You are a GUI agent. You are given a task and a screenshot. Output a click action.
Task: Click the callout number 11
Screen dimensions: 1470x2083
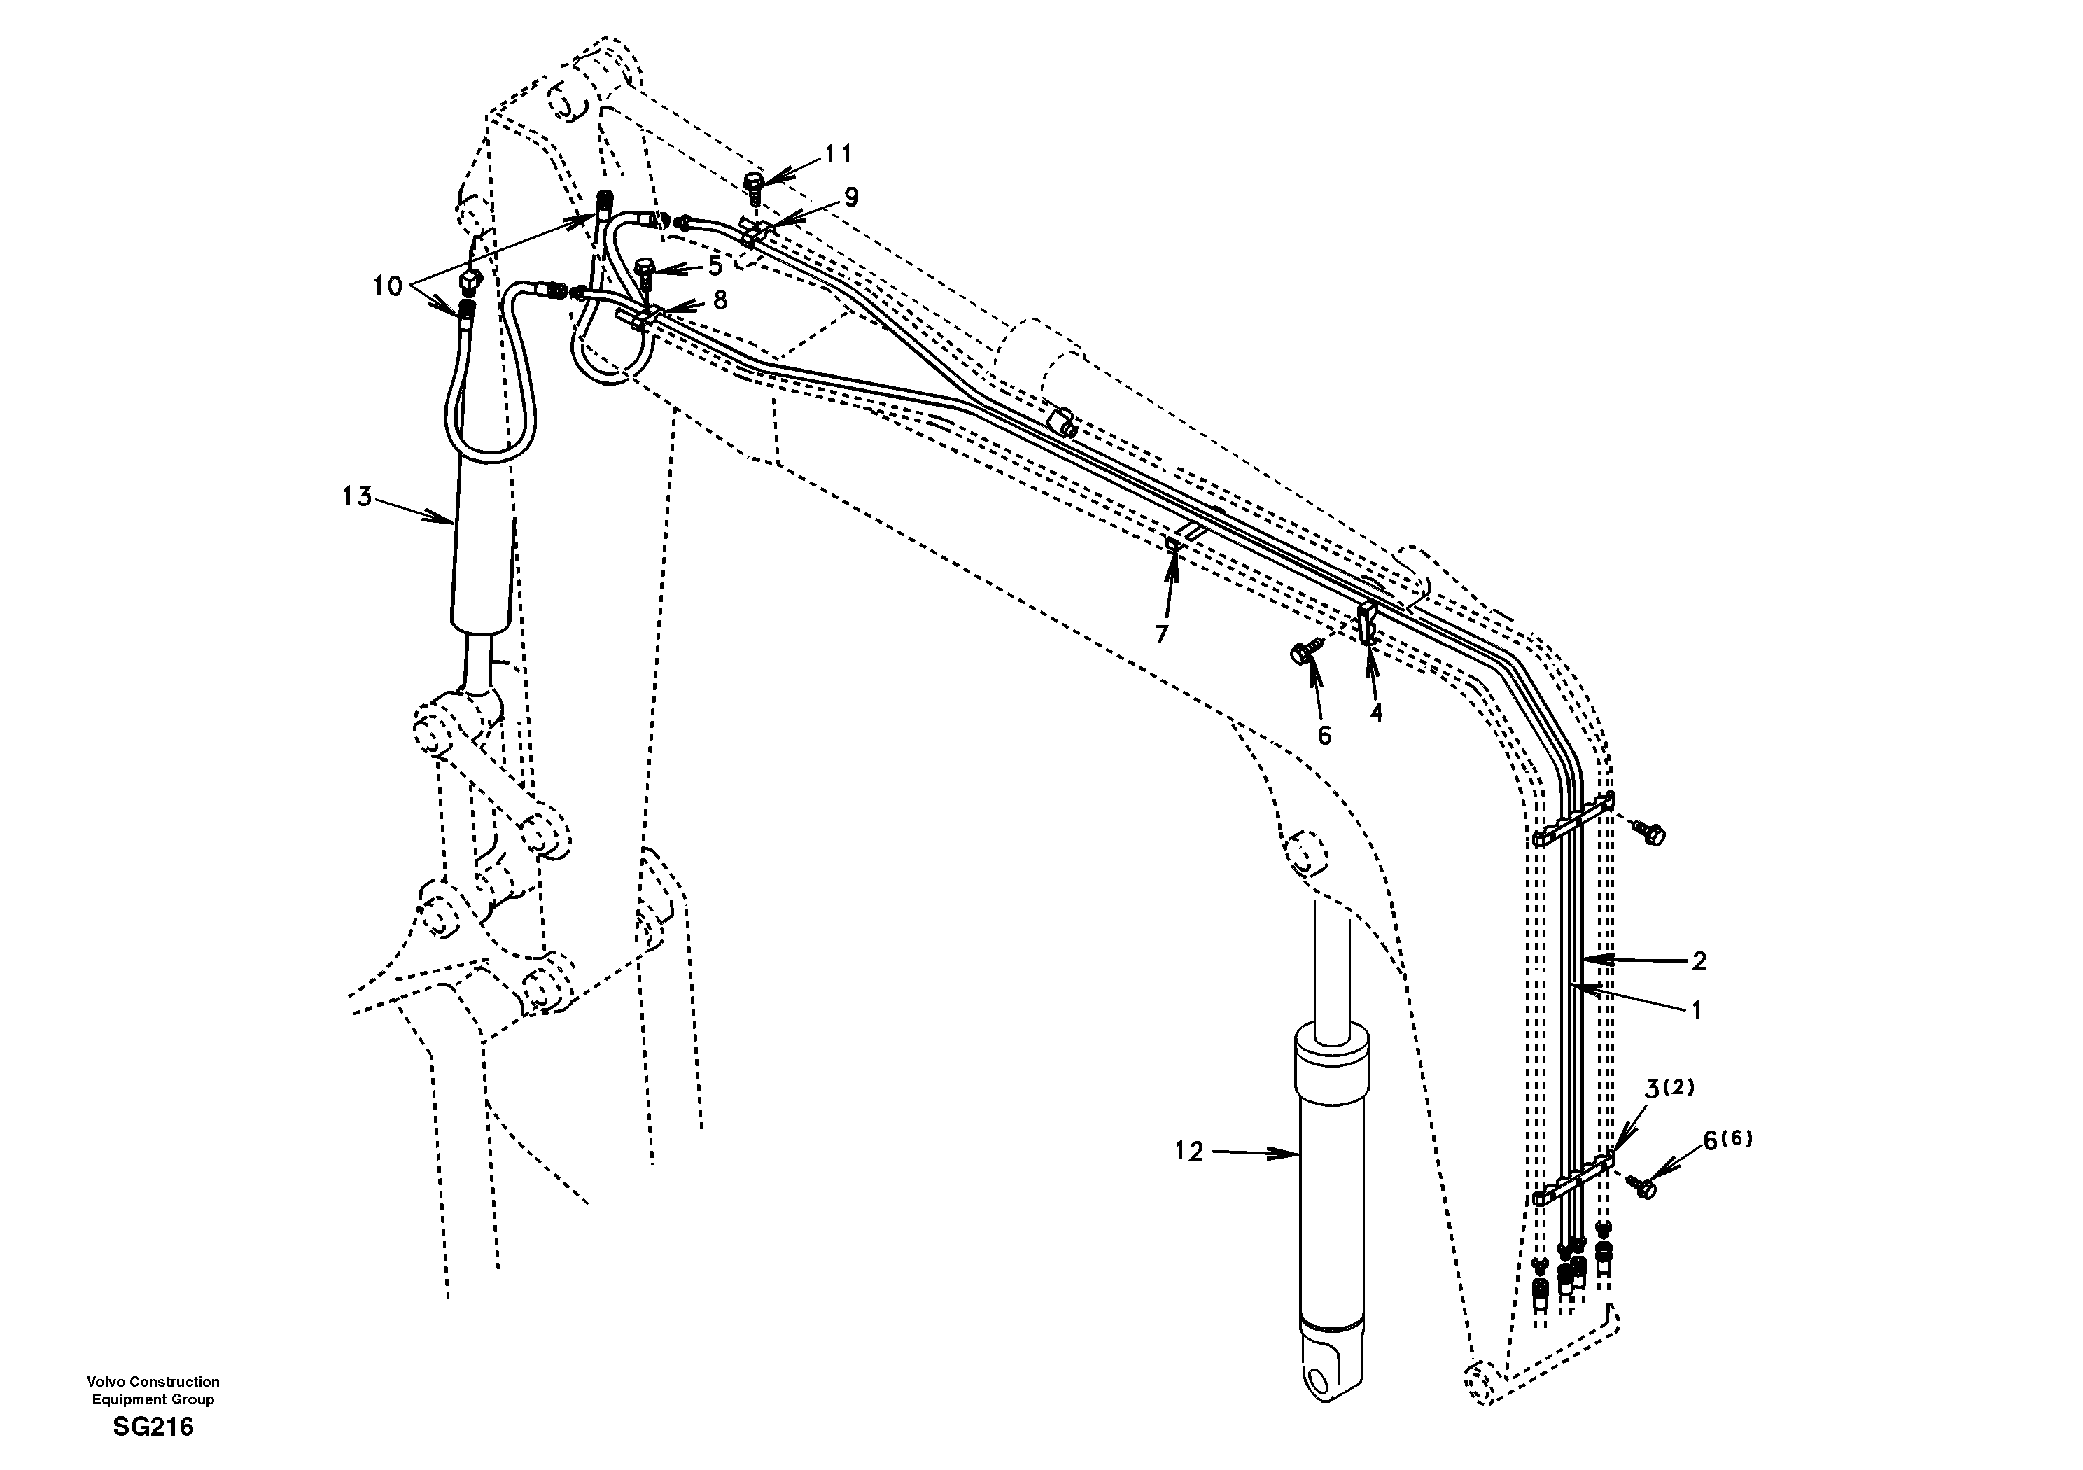coord(839,154)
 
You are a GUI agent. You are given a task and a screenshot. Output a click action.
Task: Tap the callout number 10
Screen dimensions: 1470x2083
coord(387,287)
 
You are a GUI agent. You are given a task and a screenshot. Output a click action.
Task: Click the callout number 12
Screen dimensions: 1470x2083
coord(1188,1151)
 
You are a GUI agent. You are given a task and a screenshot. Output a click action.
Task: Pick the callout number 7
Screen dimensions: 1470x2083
coord(1162,634)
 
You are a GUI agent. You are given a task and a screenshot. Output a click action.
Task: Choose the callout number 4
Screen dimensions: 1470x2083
coord(1376,713)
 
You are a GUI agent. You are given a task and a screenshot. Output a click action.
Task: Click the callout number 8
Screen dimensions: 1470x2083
coord(720,300)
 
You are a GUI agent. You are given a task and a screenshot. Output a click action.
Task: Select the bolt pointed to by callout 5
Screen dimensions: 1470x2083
coord(646,269)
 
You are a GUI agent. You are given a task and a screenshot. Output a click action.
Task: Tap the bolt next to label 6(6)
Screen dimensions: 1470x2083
coord(1644,1186)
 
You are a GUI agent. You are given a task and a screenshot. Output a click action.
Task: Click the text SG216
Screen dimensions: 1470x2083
coord(153,1427)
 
